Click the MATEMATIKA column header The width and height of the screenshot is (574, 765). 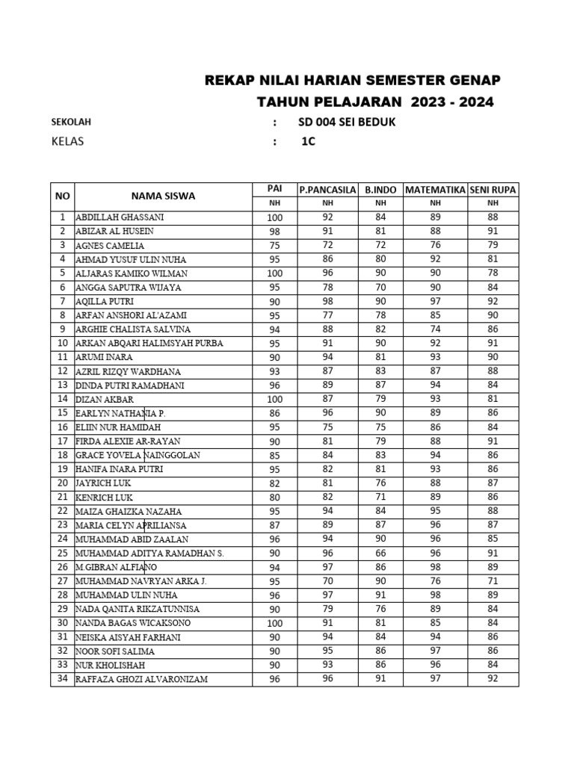pyautogui.click(x=435, y=190)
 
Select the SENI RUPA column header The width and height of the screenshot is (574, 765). pyautogui.click(x=493, y=190)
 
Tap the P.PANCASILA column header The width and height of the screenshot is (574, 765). pyautogui.click(x=327, y=190)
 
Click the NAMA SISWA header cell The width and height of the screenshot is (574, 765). pyautogui.click(x=163, y=196)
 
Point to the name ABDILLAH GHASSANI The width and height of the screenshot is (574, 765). pyautogui.click(x=120, y=217)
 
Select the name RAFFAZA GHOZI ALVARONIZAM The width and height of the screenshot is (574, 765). pyautogui.click(x=141, y=679)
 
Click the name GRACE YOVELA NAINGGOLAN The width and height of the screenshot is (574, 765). pyautogui.click(x=138, y=455)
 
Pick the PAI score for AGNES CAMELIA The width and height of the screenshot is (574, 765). pyautogui.click(x=275, y=245)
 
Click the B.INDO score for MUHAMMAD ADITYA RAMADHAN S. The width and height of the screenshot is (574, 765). pyautogui.click(x=380, y=554)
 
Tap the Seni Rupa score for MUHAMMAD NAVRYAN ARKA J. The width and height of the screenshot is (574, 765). pyautogui.click(x=493, y=581)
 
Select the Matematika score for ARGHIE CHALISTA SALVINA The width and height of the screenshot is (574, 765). pyautogui.click(x=435, y=329)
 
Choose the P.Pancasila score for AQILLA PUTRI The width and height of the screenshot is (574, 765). pyautogui.click(x=327, y=301)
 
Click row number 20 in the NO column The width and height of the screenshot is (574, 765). pyautogui.click(x=62, y=483)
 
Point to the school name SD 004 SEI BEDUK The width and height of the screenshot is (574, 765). pyautogui.click(x=348, y=122)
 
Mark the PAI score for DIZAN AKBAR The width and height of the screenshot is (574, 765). pyautogui.click(x=275, y=399)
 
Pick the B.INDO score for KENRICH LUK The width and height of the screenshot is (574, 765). pyautogui.click(x=380, y=498)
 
